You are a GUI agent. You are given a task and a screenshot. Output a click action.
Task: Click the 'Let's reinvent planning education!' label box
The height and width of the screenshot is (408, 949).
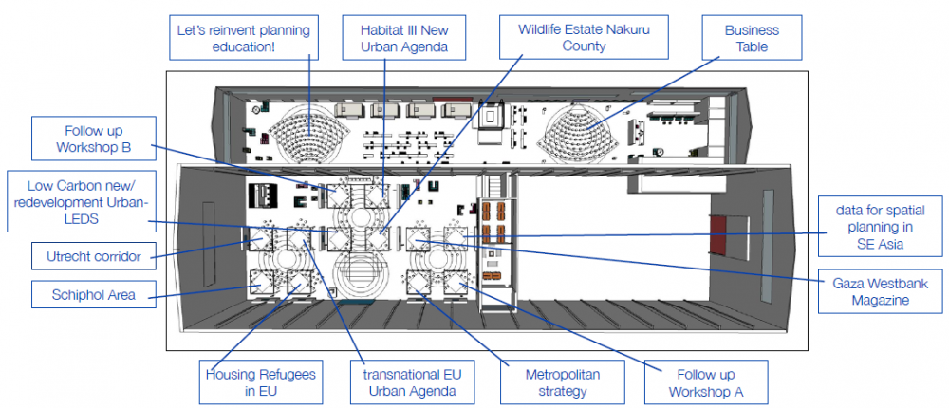[x=244, y=38]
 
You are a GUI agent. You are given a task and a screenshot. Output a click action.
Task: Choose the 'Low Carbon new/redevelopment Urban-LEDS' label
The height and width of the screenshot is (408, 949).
[x=79, y=201]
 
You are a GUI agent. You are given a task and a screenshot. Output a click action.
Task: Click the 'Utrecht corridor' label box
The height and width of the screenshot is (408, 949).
[x=92, y=255]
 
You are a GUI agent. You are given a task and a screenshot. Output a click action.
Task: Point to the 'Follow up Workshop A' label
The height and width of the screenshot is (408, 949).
[x=703, y=381]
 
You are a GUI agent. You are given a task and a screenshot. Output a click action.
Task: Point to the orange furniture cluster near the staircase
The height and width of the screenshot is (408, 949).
[x=493, y=220]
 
